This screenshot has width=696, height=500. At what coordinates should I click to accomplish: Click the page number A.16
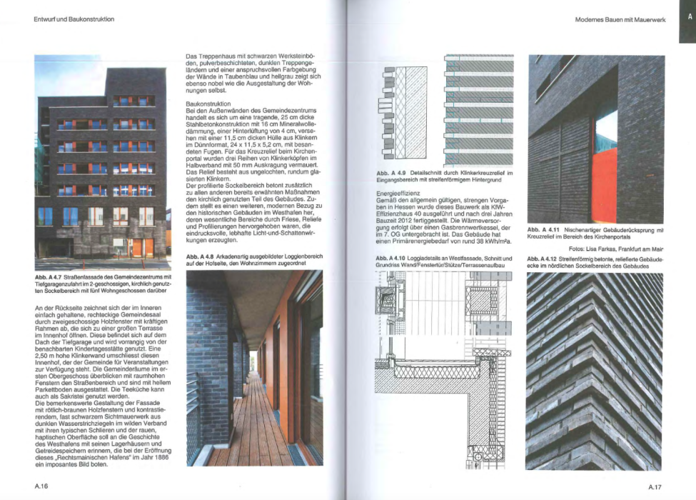coord(41,486)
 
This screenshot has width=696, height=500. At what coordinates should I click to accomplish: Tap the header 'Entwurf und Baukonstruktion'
coord(74,19)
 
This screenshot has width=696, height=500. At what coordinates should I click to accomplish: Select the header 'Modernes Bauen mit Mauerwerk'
coord(620,19)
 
